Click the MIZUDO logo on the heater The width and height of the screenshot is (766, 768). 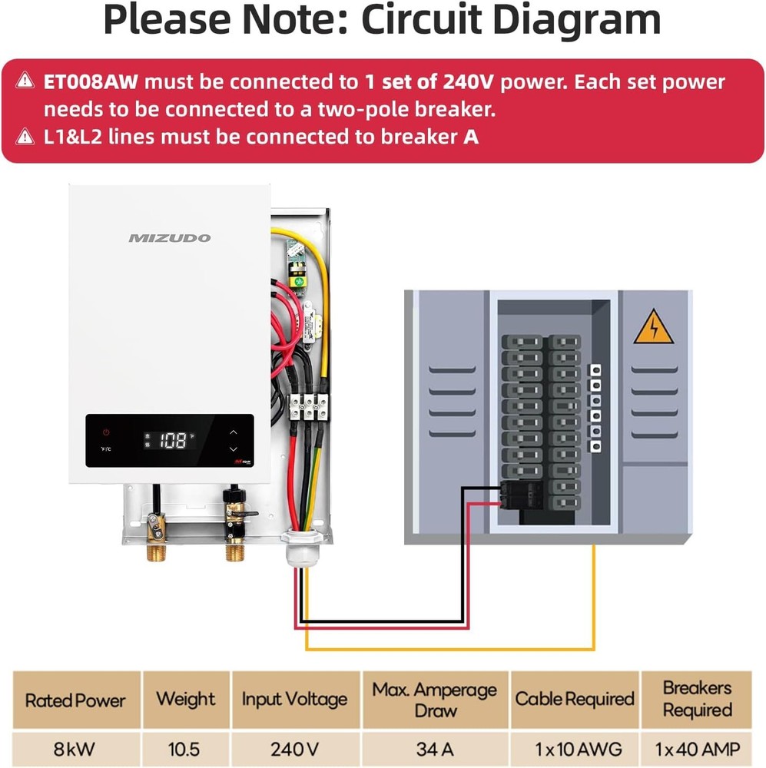tap(169, 238)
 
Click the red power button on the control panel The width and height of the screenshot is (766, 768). tap(107, 432)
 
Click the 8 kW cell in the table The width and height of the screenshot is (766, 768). tap(75, 749)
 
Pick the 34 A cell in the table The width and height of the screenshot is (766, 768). tap(436, 749)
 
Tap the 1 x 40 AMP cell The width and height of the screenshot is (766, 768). tap(697, 749)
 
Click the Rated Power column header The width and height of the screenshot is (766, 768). tap(75, 700)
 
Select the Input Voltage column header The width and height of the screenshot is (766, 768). tap(294, 700)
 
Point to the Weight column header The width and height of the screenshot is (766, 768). tap(185, 700)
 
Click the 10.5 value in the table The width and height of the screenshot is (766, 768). tap(185, 749)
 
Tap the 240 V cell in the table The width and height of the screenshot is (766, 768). tap(294, 749)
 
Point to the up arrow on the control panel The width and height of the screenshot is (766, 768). tap(234, 432)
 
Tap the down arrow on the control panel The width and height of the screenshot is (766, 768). tap(234, 449)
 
